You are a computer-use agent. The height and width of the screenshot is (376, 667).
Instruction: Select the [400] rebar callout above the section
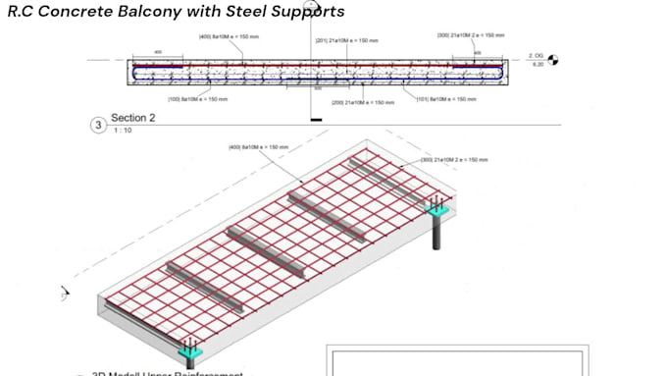coord(229,37)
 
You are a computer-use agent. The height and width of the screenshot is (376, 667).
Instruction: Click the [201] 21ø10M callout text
coord(346,39)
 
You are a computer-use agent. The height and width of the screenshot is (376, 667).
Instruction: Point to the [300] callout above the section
coord(471,35)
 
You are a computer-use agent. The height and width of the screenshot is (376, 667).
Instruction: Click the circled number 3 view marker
coord(97,125)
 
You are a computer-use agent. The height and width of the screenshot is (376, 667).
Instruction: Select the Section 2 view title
coord(134,119)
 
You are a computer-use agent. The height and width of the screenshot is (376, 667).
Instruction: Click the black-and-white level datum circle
coord(553,59)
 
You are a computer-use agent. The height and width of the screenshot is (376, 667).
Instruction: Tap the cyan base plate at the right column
coord(436,209)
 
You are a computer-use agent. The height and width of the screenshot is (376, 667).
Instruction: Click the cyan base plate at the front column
coord(189,349)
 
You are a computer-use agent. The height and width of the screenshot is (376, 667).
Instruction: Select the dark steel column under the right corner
coord(436,232)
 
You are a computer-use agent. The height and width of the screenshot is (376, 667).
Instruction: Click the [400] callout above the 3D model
coord(258,147)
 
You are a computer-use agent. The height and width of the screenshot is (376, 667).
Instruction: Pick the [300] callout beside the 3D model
coord(454,159)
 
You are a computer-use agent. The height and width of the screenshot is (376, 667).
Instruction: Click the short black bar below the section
coord(315,121)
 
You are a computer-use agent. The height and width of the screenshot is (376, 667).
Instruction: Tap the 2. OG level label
coord(536,55)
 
